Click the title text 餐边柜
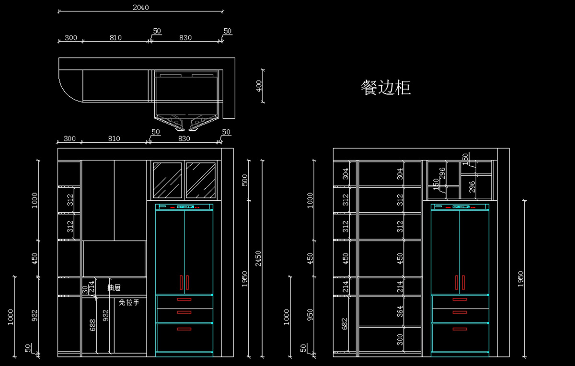(386, 88)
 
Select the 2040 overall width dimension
(140, 7)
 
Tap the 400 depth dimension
(259, 86)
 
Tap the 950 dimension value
(310, 314)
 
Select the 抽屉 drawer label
(114, 288)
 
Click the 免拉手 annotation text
(129, 302)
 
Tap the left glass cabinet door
(167, 180)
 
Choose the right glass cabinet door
(200, 180)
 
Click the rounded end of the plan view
(69, 86)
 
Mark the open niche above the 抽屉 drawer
(114, 259)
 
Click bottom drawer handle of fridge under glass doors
(184, 329)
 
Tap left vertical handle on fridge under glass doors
(181, 283)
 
